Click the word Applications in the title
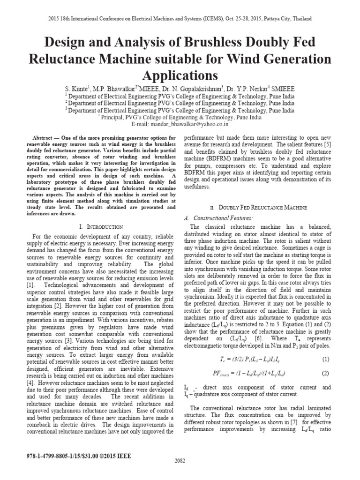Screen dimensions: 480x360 tap(180, 76)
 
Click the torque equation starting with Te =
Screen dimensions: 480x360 tap(247, 359)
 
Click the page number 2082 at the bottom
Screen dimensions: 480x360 tap(180, 473)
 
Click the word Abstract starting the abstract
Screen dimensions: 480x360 tap(44, 139)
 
